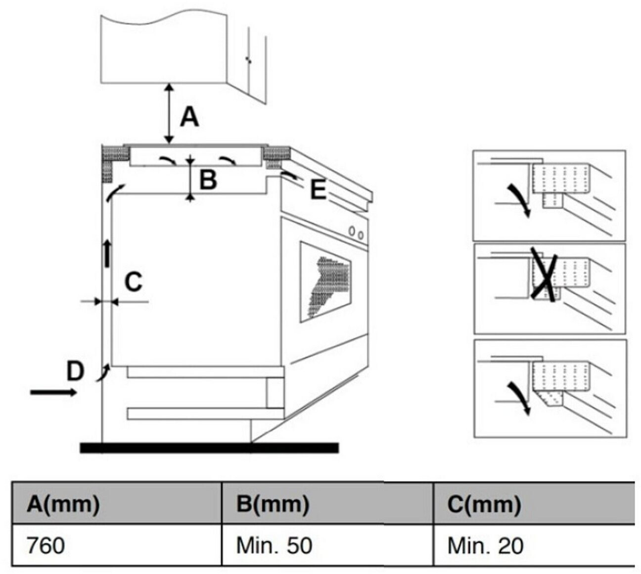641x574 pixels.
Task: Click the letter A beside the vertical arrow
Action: [x=189, y=117]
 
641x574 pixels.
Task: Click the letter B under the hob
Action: [x=208, y=180]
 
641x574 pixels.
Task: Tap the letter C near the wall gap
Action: [x=133, y=282]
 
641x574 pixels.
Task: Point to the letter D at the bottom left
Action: [x=75, y=371]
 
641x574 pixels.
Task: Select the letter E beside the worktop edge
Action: [x=318, y=190]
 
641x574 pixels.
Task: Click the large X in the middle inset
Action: [x=544, y=274]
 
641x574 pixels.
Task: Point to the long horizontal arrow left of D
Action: [x=53, y=392]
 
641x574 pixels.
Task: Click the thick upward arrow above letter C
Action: [x=107, y=253]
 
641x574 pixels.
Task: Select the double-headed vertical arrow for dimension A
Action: [x=170, y=113]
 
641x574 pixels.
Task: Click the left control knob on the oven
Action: [x=352, y=231]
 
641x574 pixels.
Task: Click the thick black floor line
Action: [x=209, y=448]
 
